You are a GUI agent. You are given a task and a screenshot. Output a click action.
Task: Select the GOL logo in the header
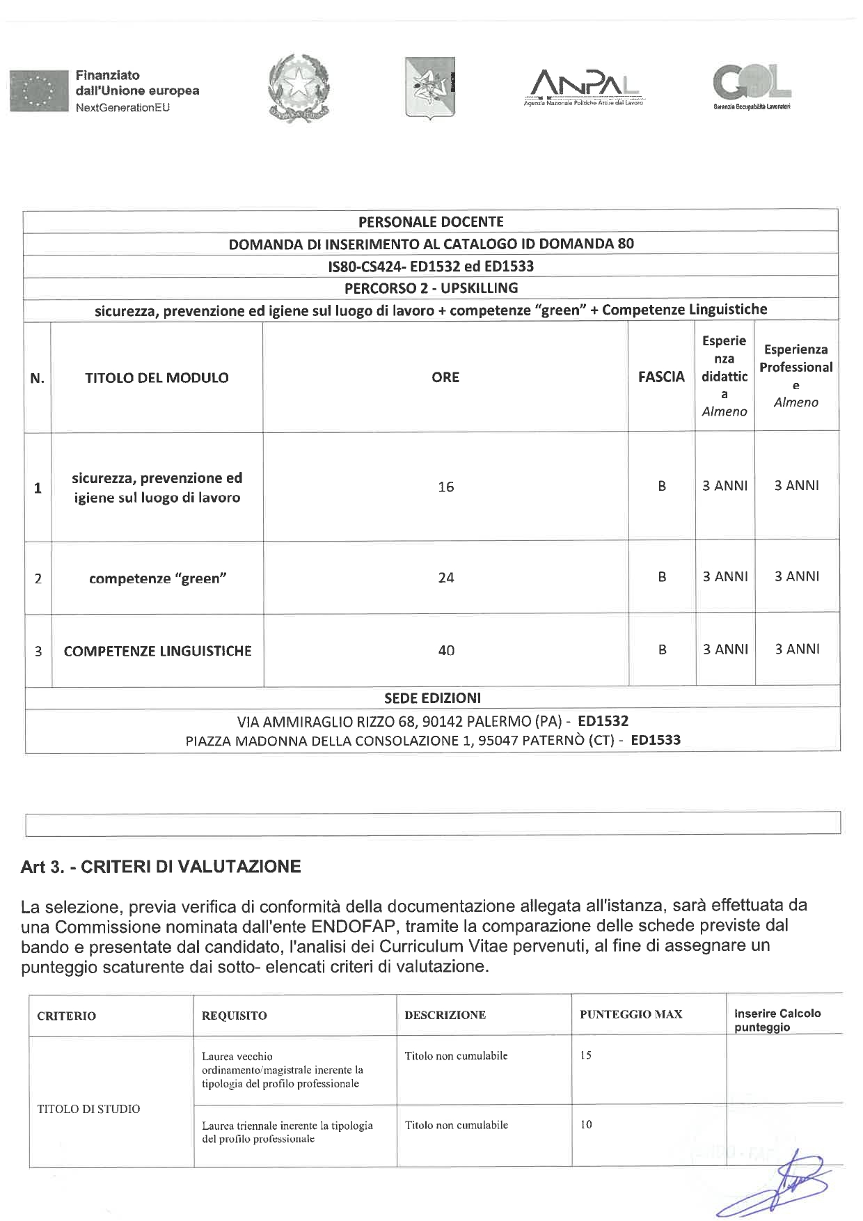tap(751, 87)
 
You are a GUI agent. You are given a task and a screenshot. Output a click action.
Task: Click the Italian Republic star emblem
tap(299, 88)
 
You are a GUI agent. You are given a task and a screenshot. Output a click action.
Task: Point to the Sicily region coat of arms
tap(429, 87)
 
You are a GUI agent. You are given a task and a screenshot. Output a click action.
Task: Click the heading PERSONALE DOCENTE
tap(431, 221)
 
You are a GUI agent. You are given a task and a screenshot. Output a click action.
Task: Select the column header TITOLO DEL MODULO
tap(157, 377)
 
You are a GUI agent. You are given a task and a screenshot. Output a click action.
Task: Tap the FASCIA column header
tap(661, 377)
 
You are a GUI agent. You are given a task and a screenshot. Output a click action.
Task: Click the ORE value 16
tap(446, 487)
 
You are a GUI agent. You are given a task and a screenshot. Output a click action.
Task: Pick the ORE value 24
tap(446, 577)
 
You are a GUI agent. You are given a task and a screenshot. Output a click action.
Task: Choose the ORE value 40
tap(446, 650)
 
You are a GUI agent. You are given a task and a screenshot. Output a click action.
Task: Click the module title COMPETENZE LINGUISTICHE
tap(157, 651)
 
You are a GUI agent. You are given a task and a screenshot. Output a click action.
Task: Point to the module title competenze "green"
tap(158, 578)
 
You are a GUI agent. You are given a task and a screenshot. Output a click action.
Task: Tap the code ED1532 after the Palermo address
tap(603, 721)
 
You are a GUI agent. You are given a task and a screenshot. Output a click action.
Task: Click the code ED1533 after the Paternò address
tap(656, 740)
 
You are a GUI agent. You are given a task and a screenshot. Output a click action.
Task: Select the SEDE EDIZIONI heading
tap(432, 698)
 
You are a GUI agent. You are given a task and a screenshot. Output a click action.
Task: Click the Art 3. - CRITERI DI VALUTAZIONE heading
tap(161, 867)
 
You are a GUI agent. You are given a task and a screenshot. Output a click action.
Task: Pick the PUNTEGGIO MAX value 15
tap(586, 1055)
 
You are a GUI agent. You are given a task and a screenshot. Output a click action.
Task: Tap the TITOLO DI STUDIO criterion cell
tap(88, 1109)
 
